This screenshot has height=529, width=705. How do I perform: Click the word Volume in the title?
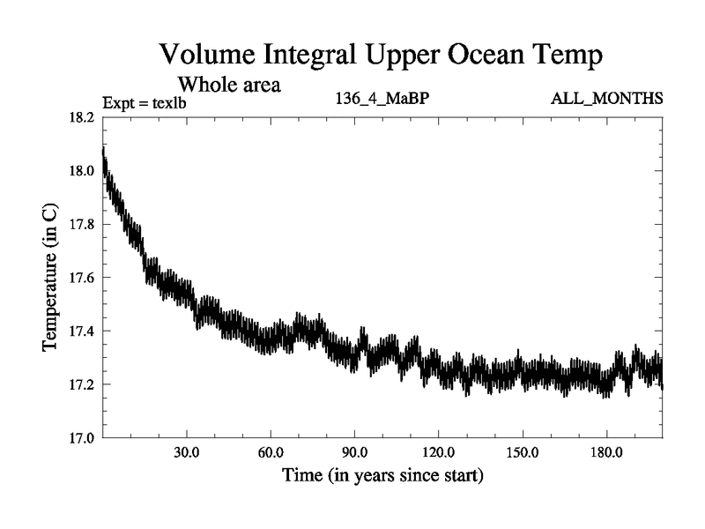pyautogui.click(x=211, y=55)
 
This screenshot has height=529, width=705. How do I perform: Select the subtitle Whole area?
pyautogui.click(x=230, y=85)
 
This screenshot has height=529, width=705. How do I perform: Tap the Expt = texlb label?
pyautogui.click(x=145, y=101)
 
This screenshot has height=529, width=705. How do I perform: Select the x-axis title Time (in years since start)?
pyautogui.click(x=382, y=477)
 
